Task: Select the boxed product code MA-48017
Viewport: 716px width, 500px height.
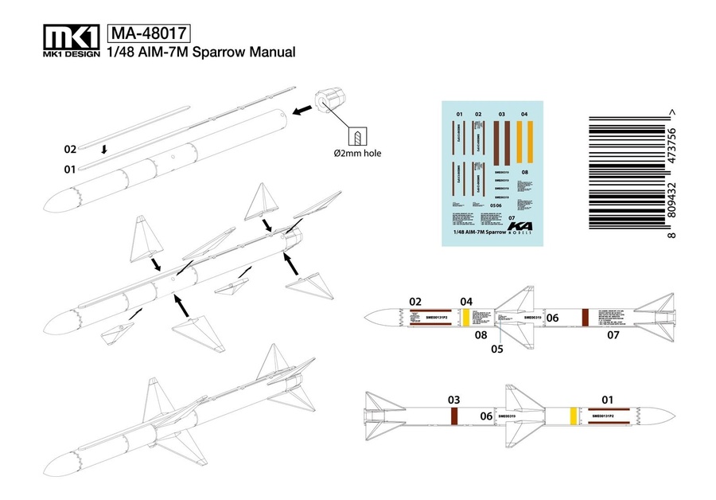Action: pyautogui.click(x=150, y=33)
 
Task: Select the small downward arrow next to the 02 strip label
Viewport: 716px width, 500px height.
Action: pyautogui.click(x=103, y=149)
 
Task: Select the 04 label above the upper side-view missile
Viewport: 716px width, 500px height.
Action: pyautogui.click(x=467, y=301)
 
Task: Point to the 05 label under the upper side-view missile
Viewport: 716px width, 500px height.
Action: pyautogui.click(x=496, y=348)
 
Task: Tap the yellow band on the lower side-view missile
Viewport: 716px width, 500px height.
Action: pyautogui.click(x=573, y=416)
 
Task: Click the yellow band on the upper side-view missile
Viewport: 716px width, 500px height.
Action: pyautogui.click(x=467, y=317)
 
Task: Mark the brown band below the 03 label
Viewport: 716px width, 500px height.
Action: pyautogui.click(x=454, y=416)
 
